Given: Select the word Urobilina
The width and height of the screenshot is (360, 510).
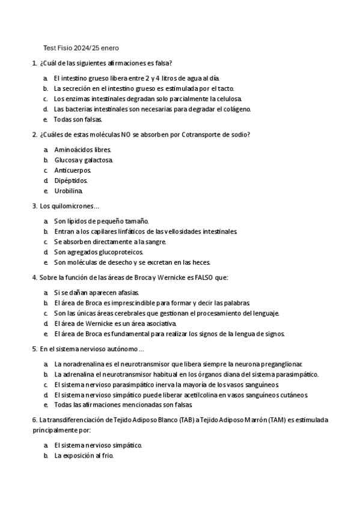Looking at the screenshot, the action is pyautogui.click(x=69, y=191).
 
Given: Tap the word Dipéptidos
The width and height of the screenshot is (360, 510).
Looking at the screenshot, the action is pyautogui.click(x=71, y=180).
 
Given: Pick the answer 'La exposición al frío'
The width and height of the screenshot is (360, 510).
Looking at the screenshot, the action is pyautogui.click(x=84, y=456).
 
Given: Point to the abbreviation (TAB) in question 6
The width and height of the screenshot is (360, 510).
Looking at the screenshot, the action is pyautogui.click(x=186, y=419).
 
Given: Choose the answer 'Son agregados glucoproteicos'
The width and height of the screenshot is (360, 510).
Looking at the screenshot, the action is pyautogui.click(x=99, y=252).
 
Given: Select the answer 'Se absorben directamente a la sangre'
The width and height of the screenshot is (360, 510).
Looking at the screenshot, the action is pyautogui.click(x=110, y=242).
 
